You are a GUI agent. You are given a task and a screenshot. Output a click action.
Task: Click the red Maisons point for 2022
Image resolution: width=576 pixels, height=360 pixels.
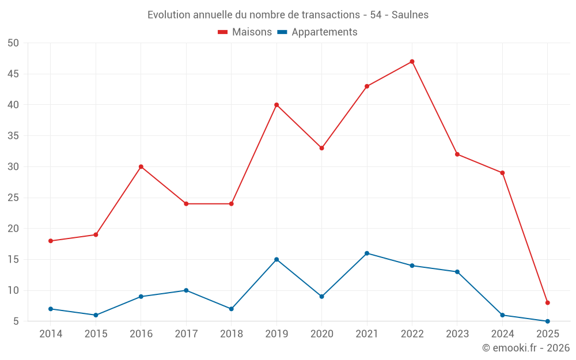tap(412, 62)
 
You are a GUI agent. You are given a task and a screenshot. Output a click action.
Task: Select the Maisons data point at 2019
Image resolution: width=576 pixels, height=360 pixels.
tap(276, 105)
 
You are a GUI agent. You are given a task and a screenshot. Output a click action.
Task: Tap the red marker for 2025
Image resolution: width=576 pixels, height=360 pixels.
tap(548, 302)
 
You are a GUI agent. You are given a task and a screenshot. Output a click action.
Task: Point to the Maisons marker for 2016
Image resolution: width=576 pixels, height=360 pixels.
tap(141, 167)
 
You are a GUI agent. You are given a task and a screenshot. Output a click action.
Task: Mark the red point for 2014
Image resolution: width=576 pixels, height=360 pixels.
tap(51, 241)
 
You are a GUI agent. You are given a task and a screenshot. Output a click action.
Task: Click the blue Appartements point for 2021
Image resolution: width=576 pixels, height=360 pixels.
tap(367, 253)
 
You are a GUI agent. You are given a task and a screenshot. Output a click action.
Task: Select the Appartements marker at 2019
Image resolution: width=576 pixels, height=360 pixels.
tap(276, 259)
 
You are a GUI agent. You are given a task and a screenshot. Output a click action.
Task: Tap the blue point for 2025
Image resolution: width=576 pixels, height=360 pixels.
tap(548, 321)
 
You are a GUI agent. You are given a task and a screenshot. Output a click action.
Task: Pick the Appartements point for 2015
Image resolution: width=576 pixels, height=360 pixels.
tap(96, 315)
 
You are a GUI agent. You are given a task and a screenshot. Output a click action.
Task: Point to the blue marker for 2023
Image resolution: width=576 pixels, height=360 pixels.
tap(457, 272)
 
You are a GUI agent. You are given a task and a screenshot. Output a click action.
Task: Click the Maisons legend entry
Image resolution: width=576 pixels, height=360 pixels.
tap(245, 32)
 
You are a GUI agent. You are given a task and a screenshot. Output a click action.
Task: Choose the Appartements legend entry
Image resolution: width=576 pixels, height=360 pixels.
tap(317, 32)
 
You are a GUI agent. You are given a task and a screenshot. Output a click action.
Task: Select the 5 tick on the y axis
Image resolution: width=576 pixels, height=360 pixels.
tap(17, 321)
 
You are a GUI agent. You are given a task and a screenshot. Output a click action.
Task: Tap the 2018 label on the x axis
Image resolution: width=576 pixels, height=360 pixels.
tap(232, 334)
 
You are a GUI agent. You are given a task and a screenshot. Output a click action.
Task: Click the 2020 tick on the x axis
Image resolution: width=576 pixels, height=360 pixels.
tap(322, 334)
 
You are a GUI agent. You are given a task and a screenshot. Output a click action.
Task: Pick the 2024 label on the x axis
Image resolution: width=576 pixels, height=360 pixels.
tap(502, 334)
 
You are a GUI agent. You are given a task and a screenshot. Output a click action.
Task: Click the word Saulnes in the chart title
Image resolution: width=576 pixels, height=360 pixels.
tap(410, 15)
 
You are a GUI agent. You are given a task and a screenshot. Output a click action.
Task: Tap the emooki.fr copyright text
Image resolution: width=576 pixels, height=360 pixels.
tap(526, 348)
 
